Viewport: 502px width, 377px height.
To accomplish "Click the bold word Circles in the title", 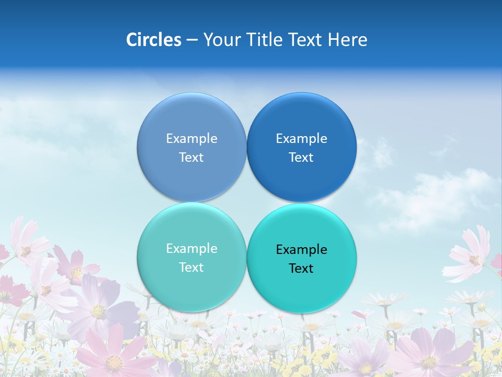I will pyautogui.click(x=154, y=40).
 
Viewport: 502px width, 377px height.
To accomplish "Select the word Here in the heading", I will pyautogui.click(x=348, y=40).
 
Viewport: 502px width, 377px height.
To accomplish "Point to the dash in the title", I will pyautogui.click(x=192, y=40).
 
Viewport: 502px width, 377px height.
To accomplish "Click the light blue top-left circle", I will pyautogui.click(x=191, y=120).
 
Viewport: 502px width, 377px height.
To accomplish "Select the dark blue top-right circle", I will pyautogui.click(x=302, y=120).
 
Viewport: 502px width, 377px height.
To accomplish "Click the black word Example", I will pyautogui.click(x=302, y=250).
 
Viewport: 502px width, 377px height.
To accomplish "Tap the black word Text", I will pyautogui.click(x=301, y=269).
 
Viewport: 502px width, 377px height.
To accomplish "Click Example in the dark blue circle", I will pyautogui.click(x=302, y=139).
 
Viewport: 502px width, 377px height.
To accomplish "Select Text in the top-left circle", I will pyautogui.click(x=191, y=158).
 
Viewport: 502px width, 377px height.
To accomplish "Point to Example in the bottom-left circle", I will pyautogui.click(x=191, y=249).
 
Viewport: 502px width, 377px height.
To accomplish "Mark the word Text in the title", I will pyautogui.click(x=306, y=40).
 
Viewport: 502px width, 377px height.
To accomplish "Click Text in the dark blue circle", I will pyautogui.click(x=301, y=158).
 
